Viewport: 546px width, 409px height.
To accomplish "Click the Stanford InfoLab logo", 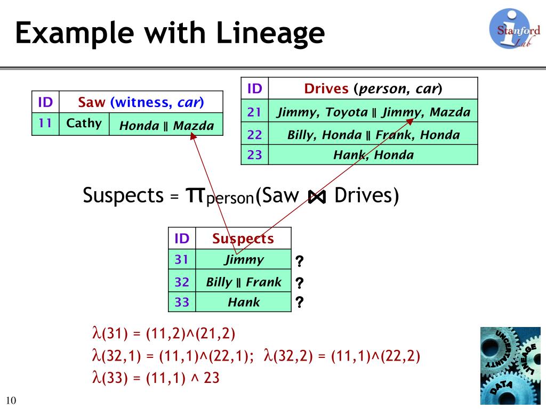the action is (514, 29).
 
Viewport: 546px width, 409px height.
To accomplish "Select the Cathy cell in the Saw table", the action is (84, 124).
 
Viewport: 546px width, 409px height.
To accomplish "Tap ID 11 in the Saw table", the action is (45, 124).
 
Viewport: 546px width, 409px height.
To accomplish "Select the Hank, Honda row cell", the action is (373, 155).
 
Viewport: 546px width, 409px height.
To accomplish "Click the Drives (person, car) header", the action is (373, 89).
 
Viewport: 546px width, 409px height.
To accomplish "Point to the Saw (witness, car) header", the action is (141, 102).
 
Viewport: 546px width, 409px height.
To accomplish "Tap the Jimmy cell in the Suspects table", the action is (243, 259).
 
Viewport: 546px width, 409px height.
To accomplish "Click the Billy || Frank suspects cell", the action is (243, 281).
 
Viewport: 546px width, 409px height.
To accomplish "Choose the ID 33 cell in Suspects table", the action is (182, 302).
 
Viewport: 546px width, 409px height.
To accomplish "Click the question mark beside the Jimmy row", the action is (300, 261).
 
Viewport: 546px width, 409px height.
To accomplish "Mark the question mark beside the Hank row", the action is (300, 302).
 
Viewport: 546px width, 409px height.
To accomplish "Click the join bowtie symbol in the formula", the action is (317, 197).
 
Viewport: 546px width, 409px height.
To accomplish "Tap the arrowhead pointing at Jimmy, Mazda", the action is (410, 121).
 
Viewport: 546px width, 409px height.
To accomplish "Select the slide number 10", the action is (11, 400).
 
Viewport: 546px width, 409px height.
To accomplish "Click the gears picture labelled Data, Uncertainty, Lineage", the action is (510, 365).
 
